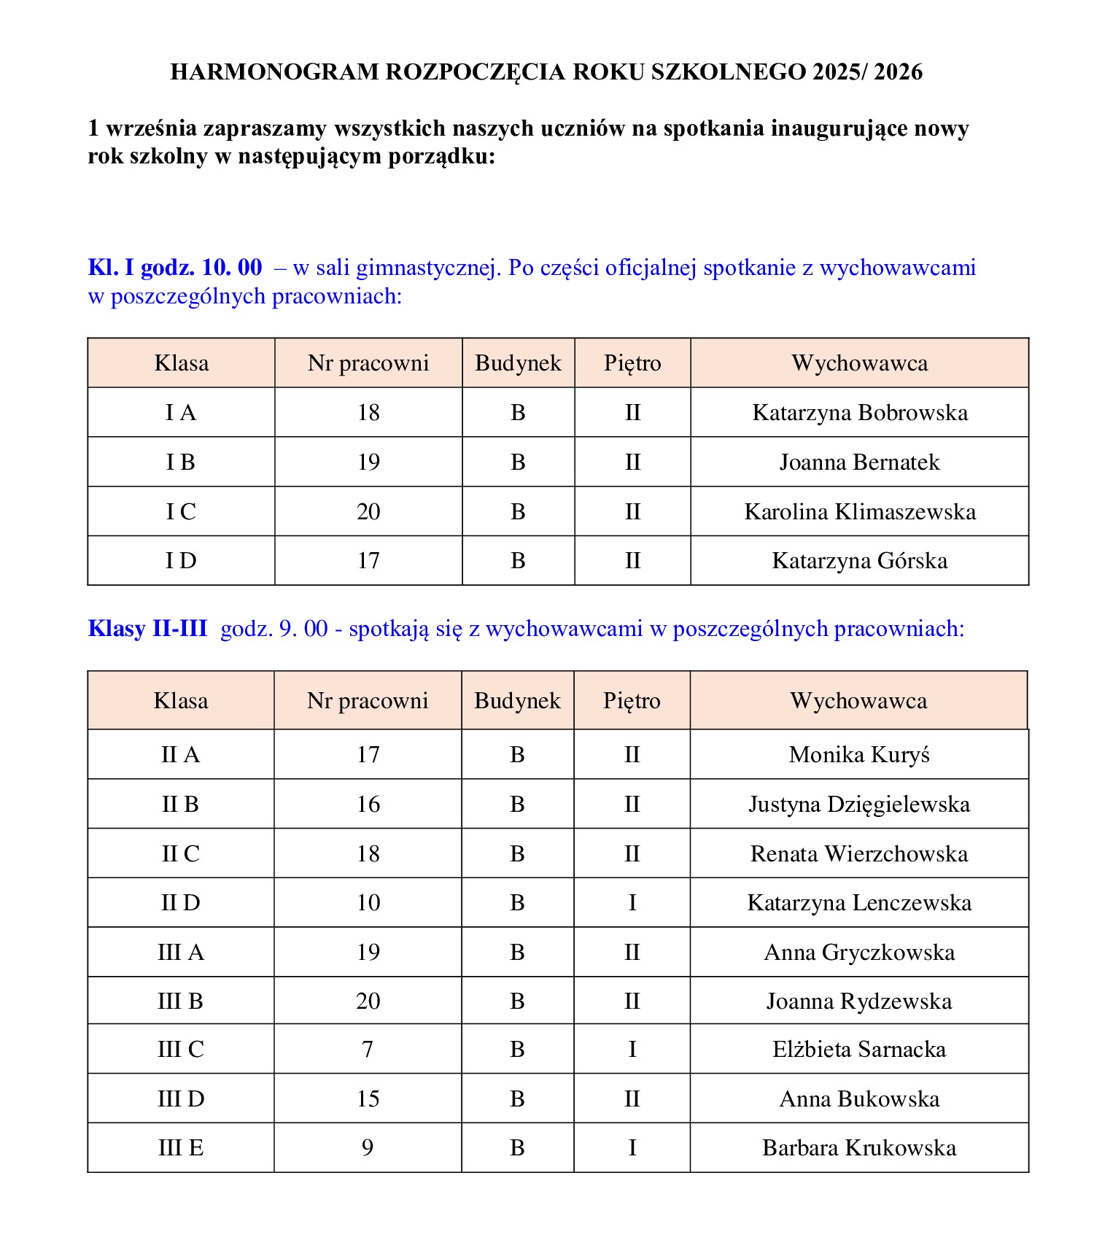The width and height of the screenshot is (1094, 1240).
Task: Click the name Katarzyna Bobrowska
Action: tap(859, 413)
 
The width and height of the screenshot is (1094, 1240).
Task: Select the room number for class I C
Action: tap(368, 511)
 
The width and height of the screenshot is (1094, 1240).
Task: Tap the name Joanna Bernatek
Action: tap(859, 462)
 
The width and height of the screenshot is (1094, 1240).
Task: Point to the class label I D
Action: tap(181, 561)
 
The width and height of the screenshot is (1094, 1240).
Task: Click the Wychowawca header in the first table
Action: tap(859, 363)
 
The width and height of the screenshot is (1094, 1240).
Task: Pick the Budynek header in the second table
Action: tap(517, 701)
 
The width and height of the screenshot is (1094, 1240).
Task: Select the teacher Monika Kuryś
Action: tap(859, 755)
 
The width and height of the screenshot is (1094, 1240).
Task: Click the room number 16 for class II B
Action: tap(368, 805)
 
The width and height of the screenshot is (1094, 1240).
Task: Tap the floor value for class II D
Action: tap(632, 903)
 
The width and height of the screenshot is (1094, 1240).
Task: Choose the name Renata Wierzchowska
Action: tap(859, 854)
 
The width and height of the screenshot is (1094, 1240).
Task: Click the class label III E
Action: tap(181, 1148)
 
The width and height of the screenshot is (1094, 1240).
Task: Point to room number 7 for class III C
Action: tap(368, 1050)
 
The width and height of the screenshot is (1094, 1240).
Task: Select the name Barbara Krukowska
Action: tap(859, 1148)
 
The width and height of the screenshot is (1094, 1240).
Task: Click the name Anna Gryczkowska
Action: tap(859, 953)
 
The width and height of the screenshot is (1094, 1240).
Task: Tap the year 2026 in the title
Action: tap(898, 71)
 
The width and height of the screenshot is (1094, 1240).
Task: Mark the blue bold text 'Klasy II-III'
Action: tap(147, 629)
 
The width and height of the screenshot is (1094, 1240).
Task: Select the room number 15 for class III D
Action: tap(368, 1099)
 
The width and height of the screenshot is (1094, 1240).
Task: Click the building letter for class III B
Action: tap(517, 1001)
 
